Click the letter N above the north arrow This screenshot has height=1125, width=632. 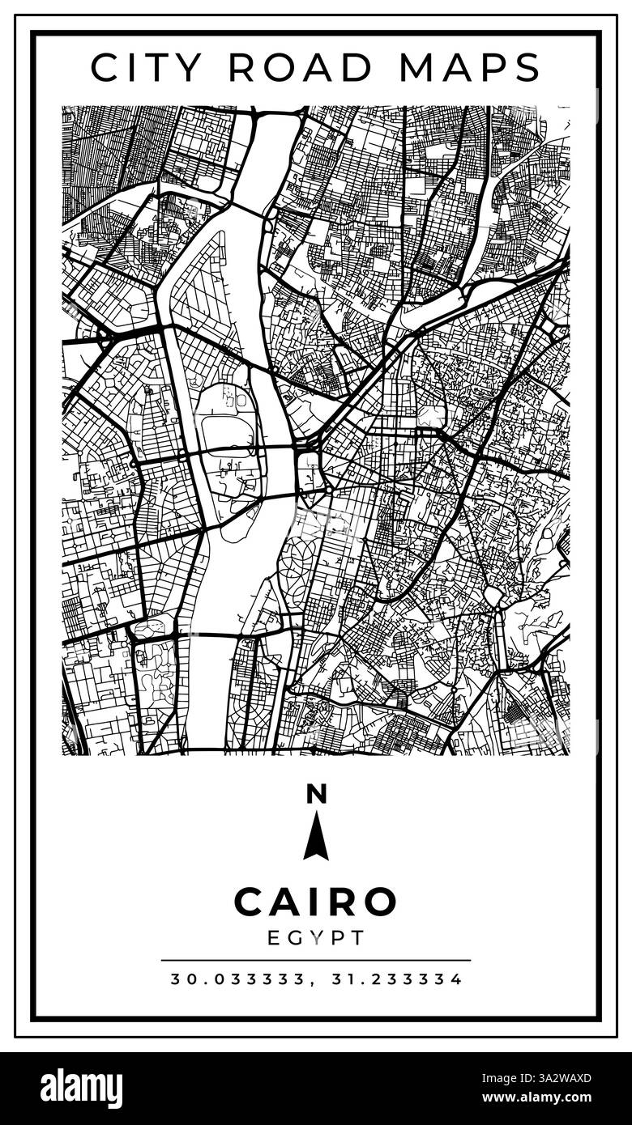tap(316, 795)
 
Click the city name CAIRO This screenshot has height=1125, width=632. tap(316, 902)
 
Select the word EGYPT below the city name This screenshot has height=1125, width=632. tap(316, 938)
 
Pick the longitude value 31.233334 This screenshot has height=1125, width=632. tap(397, 979)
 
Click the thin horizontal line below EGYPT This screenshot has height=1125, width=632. tap(316, 961)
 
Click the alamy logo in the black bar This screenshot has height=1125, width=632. tap(81, 1088)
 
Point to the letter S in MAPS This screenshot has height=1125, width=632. tap(525, 67)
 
